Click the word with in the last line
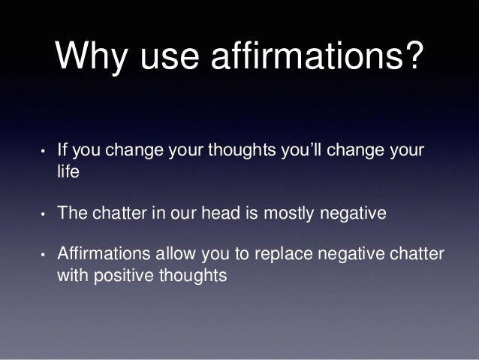click(x=72, y=276)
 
